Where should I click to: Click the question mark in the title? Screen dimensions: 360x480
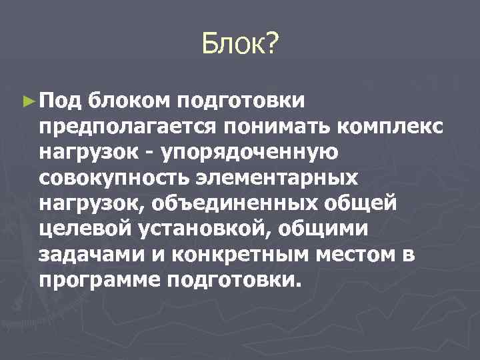(273, 46)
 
